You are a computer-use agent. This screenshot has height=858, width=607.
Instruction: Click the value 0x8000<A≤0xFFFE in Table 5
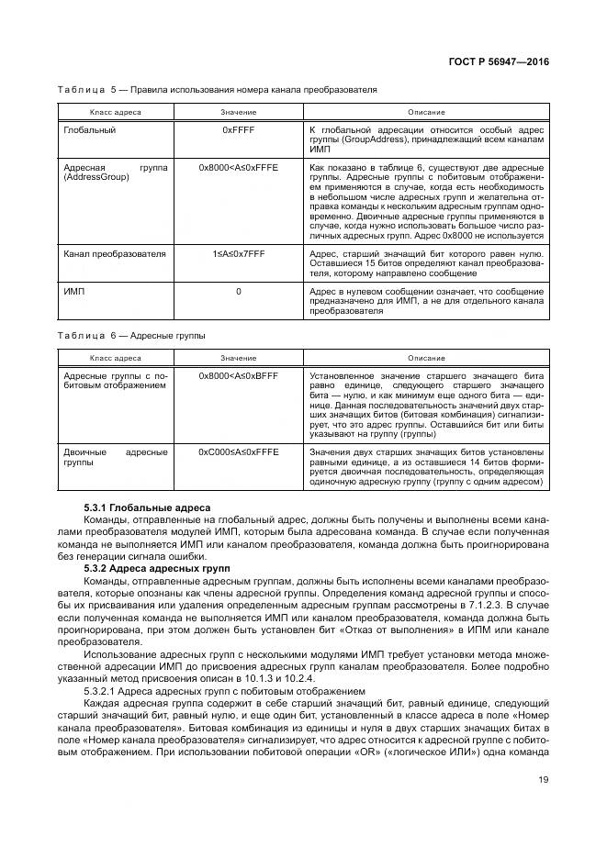coord(238,169)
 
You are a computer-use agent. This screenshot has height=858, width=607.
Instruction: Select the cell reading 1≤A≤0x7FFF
coord(238,252)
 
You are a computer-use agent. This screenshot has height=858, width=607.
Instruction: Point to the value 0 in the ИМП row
coord(238,291)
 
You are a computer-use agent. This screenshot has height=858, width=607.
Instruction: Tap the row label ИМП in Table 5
coord(73,291)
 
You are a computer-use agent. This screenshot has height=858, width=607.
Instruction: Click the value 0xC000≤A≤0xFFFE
coord(238,451)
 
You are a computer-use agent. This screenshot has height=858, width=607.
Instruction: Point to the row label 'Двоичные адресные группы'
coord(115,457)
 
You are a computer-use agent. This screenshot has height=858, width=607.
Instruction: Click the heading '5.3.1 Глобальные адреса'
coord(147,507)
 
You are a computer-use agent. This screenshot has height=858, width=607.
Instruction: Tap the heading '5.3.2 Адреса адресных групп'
coord(156,569)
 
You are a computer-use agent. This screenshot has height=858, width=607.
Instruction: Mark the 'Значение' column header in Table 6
coord(238,357)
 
